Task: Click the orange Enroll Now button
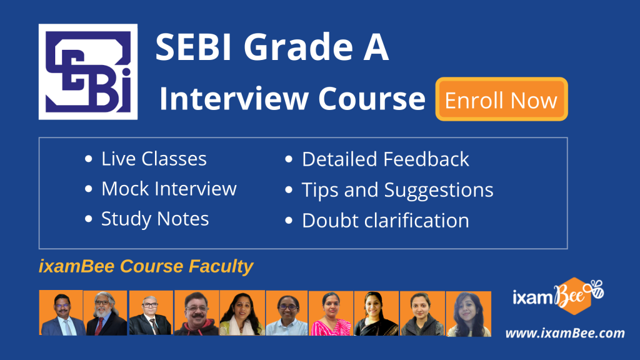[x=502, y=99]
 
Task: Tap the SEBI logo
[x=88, y=72]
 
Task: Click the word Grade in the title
[x=298, y=47]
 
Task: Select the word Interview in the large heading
[x=234, y=99]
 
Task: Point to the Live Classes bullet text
[x=154, y=159]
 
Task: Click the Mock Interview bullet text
[x=169, y=189]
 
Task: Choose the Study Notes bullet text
[x=155, y=219]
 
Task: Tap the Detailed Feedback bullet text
[x=385, y=159]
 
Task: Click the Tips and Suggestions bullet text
[x=397, y=190]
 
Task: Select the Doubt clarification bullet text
[x=385, y=221]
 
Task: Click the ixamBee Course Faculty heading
[x=146, y=266]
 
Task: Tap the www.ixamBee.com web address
[x=565, y=333]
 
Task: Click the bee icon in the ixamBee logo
[x=594, y=288]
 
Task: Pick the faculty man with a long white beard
[x=106, y=313]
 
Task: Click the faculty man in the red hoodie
[x=196, y=313]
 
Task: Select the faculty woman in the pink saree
[x=331, y=313]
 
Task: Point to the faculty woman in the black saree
[x=376, y=313]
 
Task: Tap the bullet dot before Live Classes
[x=89, y=159]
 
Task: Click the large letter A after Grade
[x=376, y=47]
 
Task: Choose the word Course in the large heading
[x=372, y=99]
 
